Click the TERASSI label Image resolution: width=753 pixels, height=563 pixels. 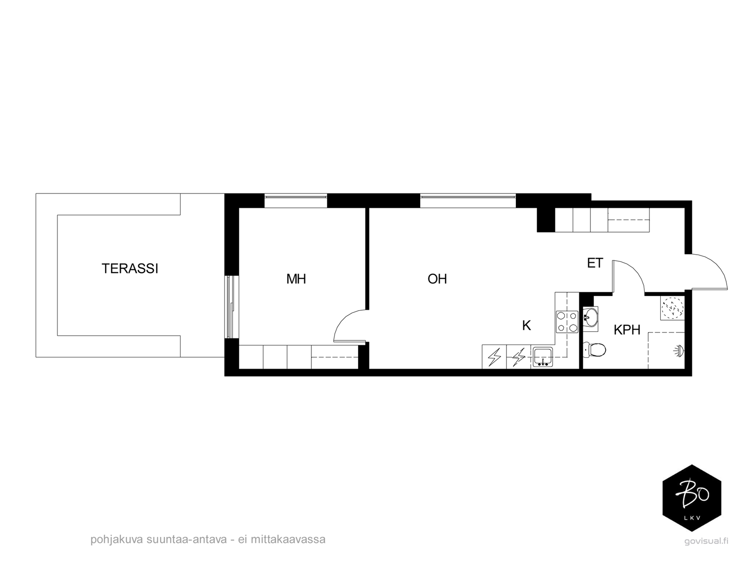[130, 268]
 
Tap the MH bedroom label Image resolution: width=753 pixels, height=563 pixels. [296, 279]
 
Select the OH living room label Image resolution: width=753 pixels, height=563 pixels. [437, 279]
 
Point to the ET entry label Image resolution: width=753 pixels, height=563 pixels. [595, 263]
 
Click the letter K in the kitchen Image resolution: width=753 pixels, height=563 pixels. [526, 325]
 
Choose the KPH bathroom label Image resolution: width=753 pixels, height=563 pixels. [627, 330]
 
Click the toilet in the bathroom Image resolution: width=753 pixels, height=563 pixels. [594, 350]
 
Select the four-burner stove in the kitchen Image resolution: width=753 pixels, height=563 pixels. [566, 322]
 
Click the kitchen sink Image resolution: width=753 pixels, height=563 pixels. [542, 356]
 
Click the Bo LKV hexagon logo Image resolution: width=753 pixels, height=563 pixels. [691, 498]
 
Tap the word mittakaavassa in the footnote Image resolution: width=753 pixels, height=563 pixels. [288, 539]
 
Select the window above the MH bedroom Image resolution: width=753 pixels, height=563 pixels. [296, 201]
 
